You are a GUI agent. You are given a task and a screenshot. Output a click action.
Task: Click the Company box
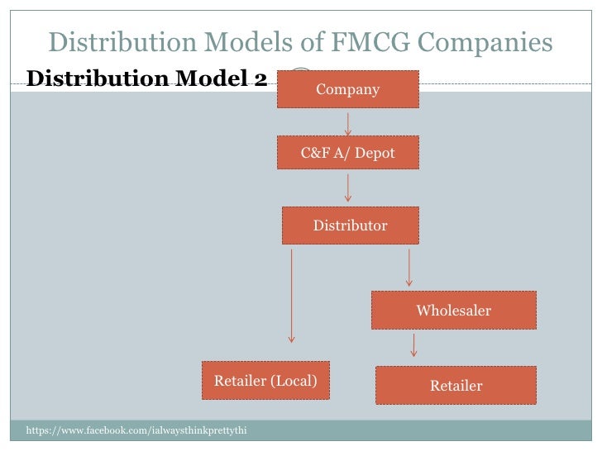click(x=347, y=89)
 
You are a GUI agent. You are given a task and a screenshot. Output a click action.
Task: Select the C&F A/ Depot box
click(x=347, y=154)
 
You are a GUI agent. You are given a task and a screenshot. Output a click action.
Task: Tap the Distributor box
click(x=350, y=225)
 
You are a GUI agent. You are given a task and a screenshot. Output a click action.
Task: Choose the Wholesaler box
click(x=453, y=311)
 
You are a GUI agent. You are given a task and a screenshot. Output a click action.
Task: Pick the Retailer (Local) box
click(x=265, y=381)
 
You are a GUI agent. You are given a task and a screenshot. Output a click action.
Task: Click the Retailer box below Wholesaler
click(x=456, y=386)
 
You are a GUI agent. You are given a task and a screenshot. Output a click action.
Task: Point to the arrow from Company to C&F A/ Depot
click(x=348, y=123)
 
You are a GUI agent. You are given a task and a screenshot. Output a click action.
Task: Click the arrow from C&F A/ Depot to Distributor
click(x=348, y=188)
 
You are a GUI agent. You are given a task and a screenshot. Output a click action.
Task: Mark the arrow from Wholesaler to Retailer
click(x=413, y=344)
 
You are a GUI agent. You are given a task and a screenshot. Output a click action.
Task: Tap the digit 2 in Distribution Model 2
click(x=260, y=79)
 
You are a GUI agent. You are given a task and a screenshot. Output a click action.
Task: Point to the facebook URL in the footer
click(x=137, y=431)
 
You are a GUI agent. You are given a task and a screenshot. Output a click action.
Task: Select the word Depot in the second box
click(x=375, y=154)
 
